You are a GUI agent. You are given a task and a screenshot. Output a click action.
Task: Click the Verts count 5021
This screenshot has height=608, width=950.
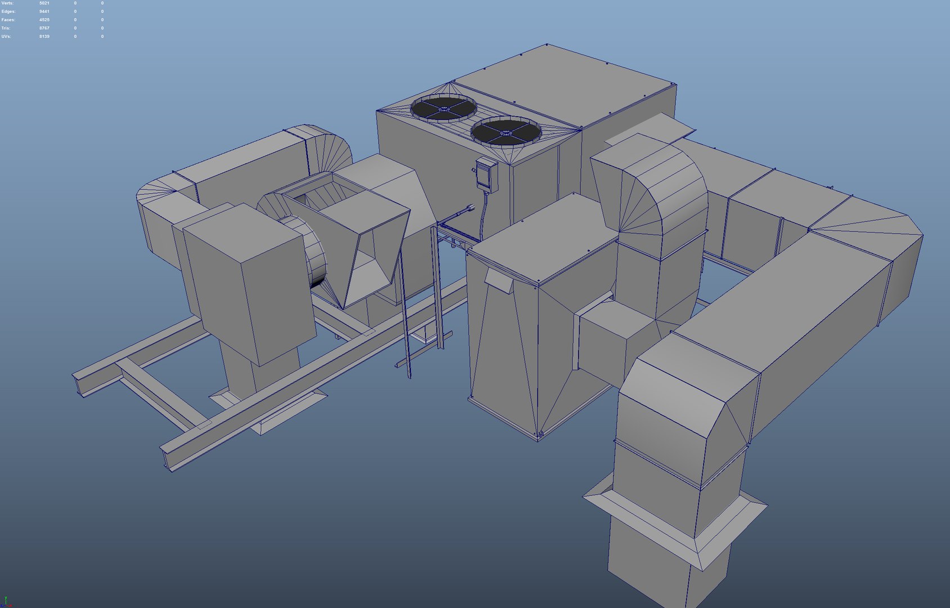44,3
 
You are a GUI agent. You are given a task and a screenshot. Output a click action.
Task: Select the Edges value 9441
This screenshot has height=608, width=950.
44,12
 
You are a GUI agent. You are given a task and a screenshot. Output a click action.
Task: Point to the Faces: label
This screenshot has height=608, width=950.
8,20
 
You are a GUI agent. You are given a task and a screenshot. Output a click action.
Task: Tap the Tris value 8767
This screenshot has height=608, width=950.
44,28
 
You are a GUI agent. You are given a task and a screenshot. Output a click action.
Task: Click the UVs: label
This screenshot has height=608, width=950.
6,37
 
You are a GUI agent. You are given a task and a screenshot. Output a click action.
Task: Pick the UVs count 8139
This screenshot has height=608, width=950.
44,37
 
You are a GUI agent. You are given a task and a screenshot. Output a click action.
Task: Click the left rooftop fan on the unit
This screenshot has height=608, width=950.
443,108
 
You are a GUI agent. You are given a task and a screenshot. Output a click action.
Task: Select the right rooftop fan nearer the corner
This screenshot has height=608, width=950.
505,132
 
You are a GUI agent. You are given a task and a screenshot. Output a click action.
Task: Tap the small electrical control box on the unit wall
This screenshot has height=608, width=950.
486,174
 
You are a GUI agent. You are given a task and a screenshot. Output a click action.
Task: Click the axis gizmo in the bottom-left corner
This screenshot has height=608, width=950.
5,602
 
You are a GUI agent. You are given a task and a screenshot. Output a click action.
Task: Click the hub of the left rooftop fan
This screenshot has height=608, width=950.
443,108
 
